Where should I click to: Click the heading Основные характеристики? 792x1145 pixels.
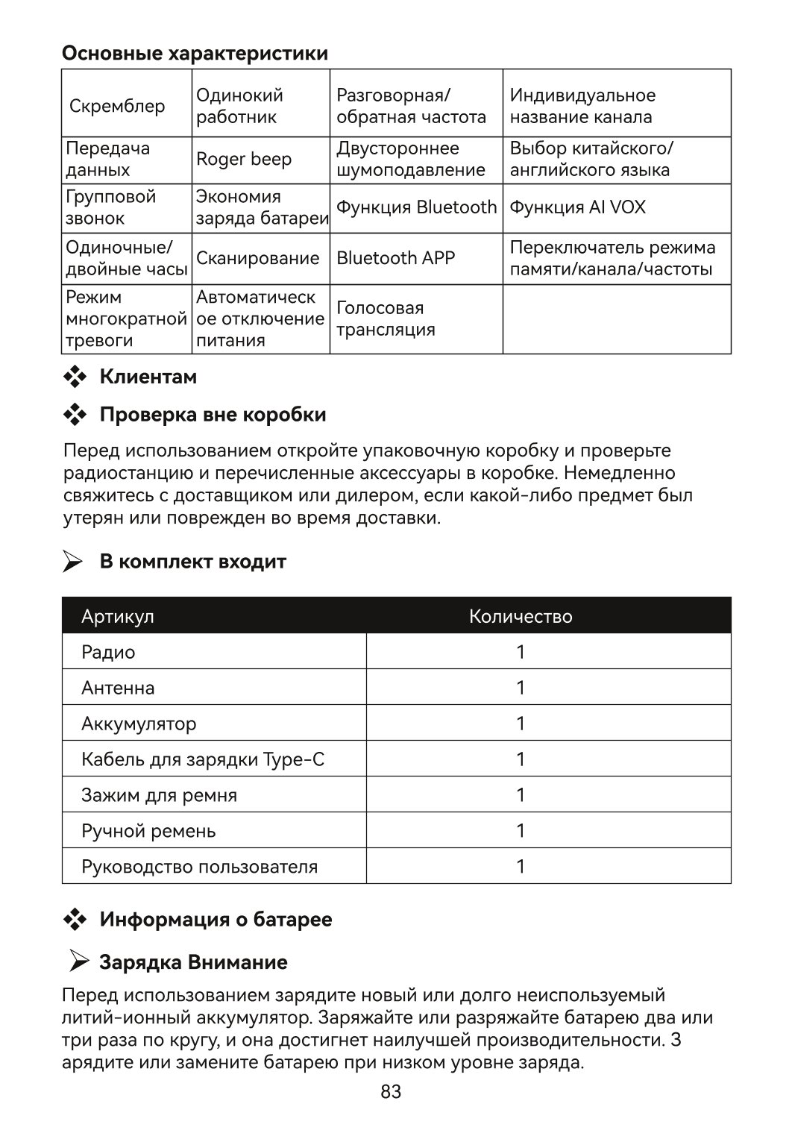coord(195,54)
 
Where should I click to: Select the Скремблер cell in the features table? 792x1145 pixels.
coord(117,106)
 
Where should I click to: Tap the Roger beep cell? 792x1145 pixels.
coord(244,160)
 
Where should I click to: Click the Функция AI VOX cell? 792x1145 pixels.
coord(577,207)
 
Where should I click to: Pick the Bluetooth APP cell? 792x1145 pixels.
coord(395,258)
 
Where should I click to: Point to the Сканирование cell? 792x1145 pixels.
coord(257,258)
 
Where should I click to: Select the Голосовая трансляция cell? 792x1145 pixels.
coord(386,319)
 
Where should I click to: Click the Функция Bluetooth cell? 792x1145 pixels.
coord(416,207)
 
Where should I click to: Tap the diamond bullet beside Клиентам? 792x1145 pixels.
coord(75,377)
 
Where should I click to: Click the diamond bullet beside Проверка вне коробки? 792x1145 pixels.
coord(75,415)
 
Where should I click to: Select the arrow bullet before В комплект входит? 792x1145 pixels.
coord(73,562)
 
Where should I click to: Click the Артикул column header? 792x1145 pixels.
coord(118,616)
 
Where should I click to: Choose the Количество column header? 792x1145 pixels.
coord(521,616)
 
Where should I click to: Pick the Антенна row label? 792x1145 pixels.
coord(118,688)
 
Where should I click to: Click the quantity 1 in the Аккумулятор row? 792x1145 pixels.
coord(521,724)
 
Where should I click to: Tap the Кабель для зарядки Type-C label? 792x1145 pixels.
coord(203,759)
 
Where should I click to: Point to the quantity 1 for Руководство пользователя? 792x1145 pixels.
coord(521,867)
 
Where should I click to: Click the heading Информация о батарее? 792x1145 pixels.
coord(216,920)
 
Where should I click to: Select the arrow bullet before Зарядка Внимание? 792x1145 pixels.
coord(78,962)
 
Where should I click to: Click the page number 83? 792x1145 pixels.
coord(391,1092)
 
